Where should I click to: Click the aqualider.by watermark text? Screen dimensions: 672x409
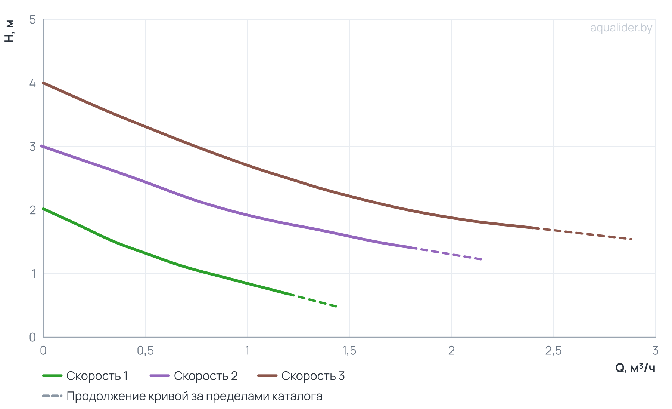[x=621, y=28]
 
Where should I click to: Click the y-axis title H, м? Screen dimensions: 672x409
[x=9, y=31]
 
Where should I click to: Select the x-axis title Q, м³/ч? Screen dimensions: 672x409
[x=635, y=368]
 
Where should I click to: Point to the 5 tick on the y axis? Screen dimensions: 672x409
[x=33, y=19]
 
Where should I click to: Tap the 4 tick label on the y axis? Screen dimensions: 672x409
[x=33, y=83]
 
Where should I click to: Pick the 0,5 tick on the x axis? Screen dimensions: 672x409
[x=145, y=351]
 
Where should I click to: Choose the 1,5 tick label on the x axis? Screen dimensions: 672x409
[x=349, y=351]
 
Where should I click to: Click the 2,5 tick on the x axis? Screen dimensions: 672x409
[x=553, y=351]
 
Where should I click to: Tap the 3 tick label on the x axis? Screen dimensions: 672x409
[x=655, y=351]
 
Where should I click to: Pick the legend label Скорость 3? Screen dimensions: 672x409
[x=313, y=376]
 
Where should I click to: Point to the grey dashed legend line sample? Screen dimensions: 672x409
[x=52, y=396]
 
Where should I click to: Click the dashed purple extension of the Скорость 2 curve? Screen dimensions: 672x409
[x=447, y=253]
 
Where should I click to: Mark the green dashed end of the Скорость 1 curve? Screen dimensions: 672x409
[x=313, y=300]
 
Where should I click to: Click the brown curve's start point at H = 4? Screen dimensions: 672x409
[x=43, y=83]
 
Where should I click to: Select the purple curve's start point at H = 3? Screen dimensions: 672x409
[x=42, y=146]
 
